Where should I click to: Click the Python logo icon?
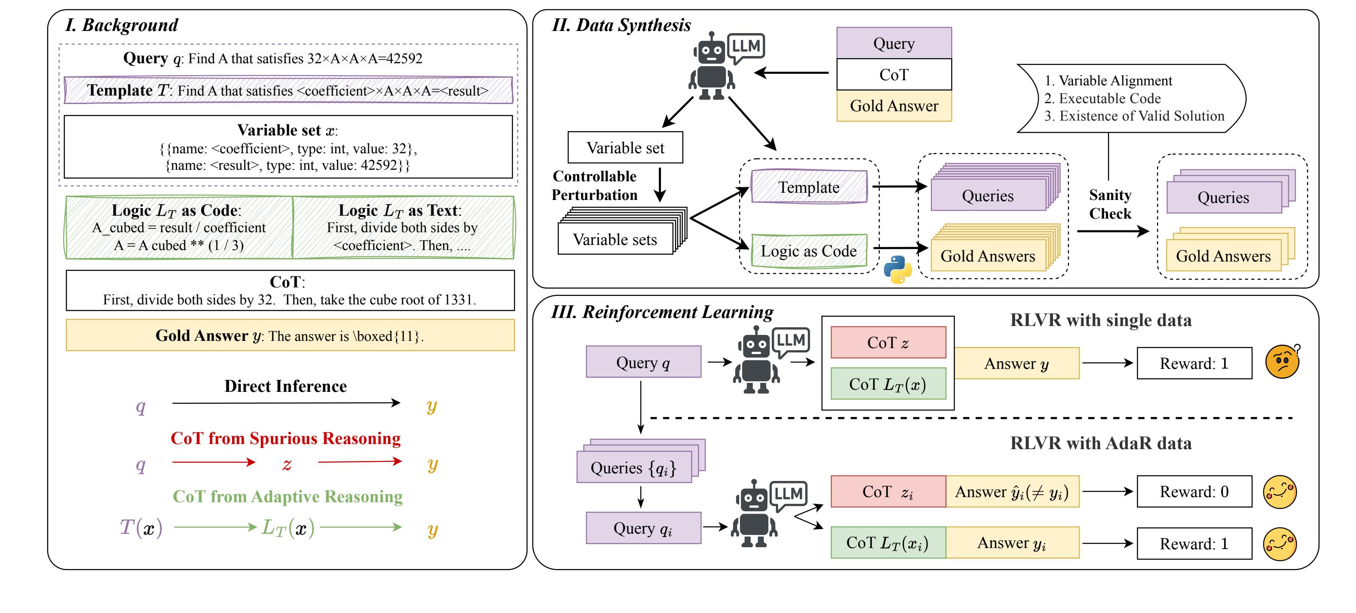coord(897,270)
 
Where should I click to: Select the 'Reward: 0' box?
coord(1194,491)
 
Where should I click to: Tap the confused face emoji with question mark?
coord(1282,362)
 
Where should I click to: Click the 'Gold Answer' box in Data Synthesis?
coord(894,106)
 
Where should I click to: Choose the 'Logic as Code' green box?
coord(809,251)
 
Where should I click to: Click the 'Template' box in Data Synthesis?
coord(809,187)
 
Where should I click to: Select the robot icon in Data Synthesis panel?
coord(712,67)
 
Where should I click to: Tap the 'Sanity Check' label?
coord(1109,204)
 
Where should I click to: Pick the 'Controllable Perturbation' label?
coord(594,186)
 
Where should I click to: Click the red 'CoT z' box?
coord(888,343)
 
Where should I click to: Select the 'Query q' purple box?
coord(643,362)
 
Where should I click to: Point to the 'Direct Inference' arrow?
coord(286,403)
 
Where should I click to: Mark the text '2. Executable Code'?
coord(1102,98)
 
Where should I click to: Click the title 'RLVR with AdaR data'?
coord(1101,443)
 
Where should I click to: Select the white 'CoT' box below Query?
coord(894,75)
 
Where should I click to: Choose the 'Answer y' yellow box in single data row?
coord(1017,363)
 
